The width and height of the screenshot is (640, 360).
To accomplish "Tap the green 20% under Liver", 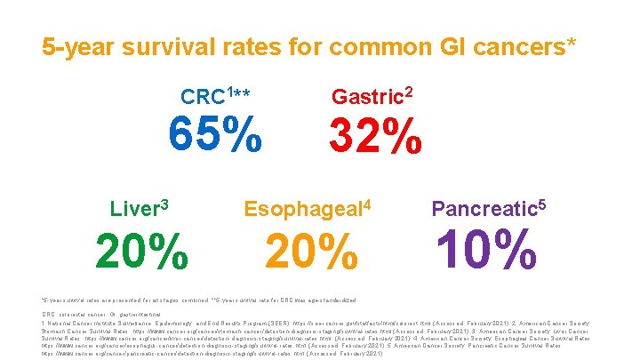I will point(141,252).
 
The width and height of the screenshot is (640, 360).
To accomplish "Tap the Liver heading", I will point(133,210).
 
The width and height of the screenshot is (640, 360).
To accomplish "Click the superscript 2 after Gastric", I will point(409,90).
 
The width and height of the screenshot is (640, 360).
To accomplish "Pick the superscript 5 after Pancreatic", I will point(540,204).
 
